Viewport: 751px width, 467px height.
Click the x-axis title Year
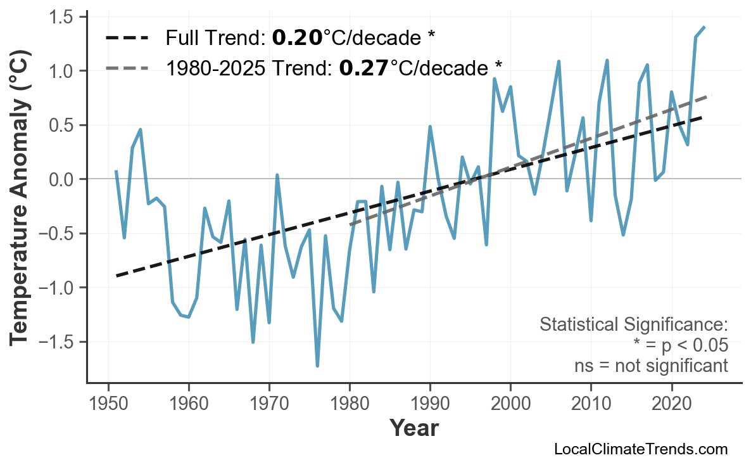pos(413,428)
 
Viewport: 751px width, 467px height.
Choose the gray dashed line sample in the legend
pos(127,67)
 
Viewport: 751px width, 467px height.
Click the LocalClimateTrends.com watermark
pos(640,449)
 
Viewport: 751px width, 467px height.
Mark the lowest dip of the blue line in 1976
pos(317,366)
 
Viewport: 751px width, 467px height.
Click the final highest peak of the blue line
pos(704,27)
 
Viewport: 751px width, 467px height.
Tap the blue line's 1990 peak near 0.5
pos(430,127)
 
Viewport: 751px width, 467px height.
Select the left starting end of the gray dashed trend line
pos(350,224)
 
